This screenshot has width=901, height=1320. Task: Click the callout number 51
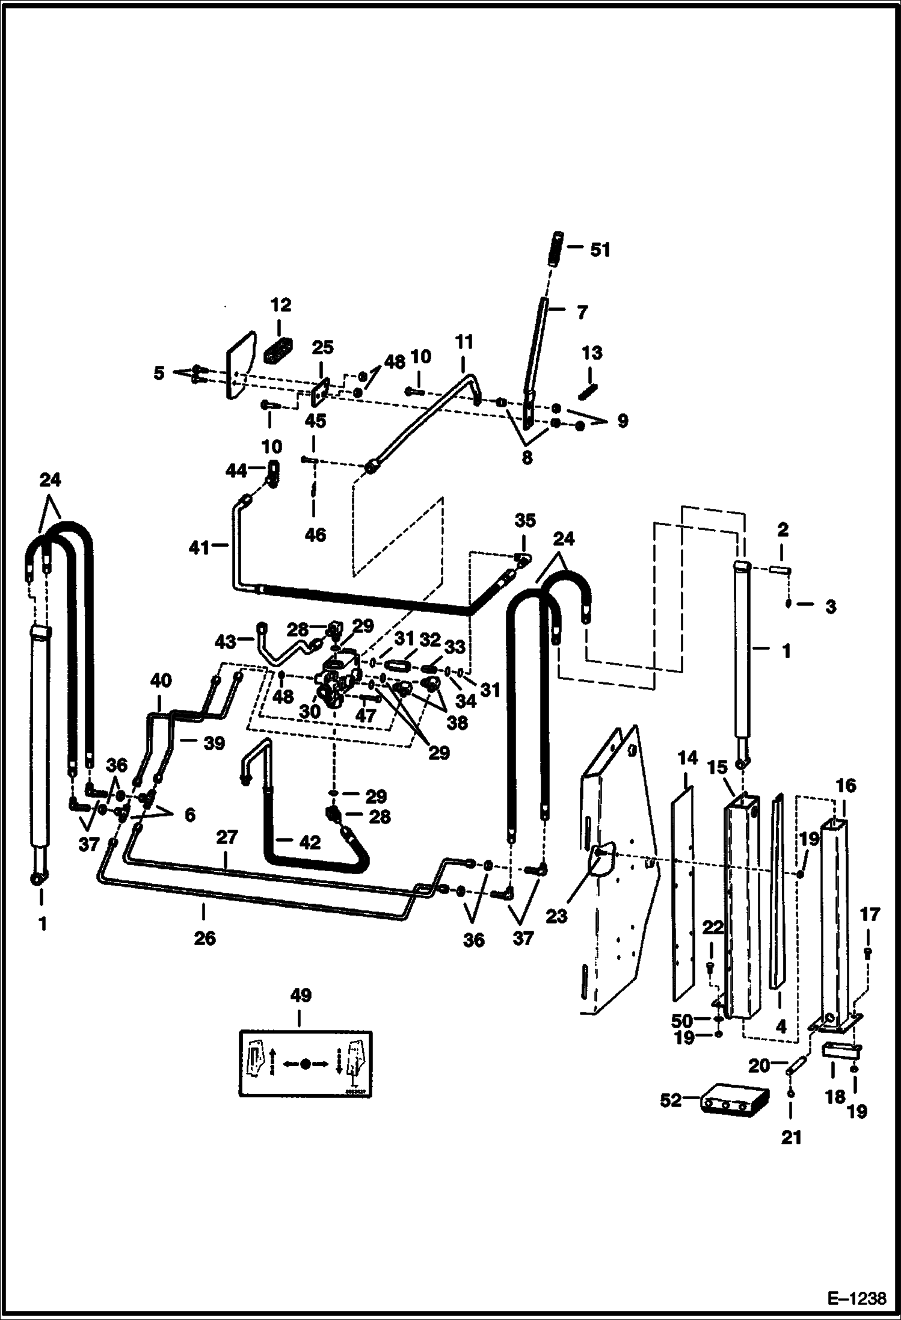tap(599, 250)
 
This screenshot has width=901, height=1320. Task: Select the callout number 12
tap(281, 306)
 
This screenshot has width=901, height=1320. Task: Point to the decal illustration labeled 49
tap(305, 1063)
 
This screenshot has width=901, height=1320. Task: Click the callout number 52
tap(671, 1100)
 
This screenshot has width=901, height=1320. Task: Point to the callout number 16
tap(845, 785)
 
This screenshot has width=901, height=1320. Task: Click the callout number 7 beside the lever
tap(582, 313)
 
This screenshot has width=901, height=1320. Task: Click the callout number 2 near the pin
tap(783, 530)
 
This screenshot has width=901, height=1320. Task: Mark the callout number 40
tap(161, 681)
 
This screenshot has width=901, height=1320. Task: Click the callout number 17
tap(870, 915)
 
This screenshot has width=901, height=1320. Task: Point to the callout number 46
tap(315, 534)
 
